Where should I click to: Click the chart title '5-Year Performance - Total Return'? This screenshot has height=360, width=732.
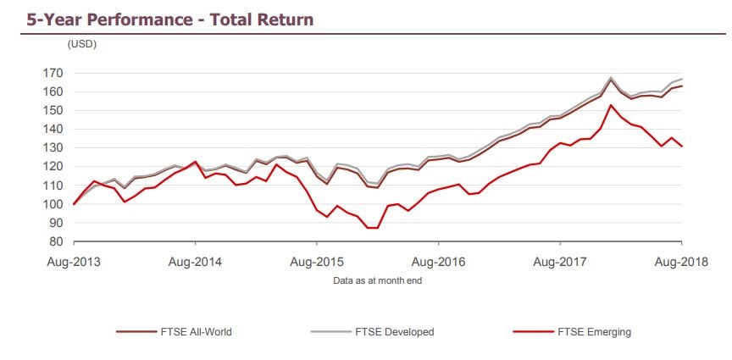click(x=159, y=19)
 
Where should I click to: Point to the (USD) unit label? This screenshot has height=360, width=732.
click(x=82, y=44)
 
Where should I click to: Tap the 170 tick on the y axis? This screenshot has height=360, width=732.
click(x=58, y=73)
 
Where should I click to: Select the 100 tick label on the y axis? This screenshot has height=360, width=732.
click(x=58, y=204)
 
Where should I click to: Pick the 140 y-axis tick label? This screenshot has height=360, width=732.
click(x=58, y=129)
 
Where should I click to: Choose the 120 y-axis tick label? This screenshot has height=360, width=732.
click(x=58, y=167)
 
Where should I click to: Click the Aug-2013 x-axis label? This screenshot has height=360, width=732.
click(x=75, y=262)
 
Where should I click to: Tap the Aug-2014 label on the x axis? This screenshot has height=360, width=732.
click(x=196, y=262)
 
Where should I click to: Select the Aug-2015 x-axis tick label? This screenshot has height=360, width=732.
click(x=317, y=262)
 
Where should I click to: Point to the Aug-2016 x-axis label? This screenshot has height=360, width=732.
click(x=438, y=262)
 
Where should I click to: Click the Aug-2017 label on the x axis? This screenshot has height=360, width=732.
click(x=559, y=262)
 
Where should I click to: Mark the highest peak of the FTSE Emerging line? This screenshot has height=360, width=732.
click(x=612, y=105)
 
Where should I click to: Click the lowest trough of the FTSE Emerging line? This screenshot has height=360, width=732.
click(x=372, y=228)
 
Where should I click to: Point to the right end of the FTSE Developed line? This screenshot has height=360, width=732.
click(x=682, y=79)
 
